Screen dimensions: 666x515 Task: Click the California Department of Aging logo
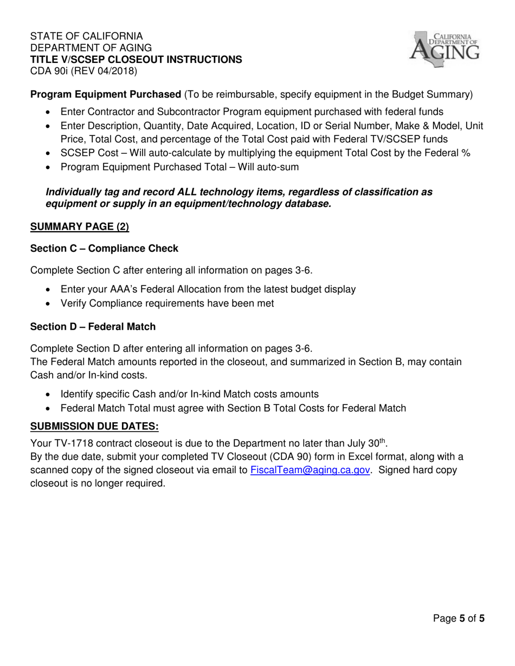[444, 48]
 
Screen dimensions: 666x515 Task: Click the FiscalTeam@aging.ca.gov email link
[311, 470]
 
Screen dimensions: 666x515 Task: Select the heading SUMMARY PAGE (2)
[80, 227]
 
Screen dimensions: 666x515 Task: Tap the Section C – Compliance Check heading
[104, 248]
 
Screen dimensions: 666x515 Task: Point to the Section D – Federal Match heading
[93, 327]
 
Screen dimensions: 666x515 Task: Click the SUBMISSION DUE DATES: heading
[94, 426]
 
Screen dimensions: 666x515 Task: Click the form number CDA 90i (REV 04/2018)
[83, 70]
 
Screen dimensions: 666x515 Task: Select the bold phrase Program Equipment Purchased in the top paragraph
[106, 94]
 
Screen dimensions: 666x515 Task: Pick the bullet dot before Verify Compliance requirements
[50, 304]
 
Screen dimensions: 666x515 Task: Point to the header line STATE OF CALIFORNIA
[87, 36]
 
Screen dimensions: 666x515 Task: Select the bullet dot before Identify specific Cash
[50, 395]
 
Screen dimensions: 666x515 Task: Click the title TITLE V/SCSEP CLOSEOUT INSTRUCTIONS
[136, 59]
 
